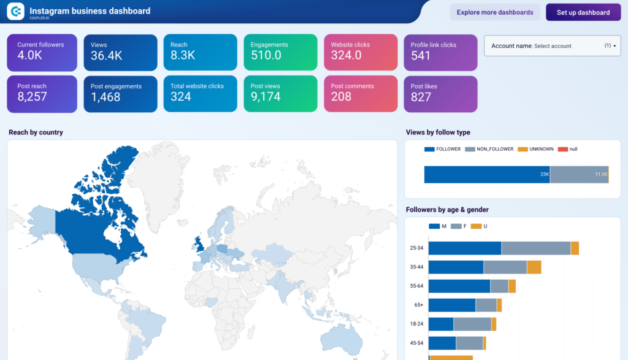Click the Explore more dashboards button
pyautogui.click(x=496, y=12)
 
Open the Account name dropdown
pyautogui.click(x=552, y=45)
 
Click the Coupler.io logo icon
pyautogui.click(x=15, y=11)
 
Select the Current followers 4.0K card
pyautogui.click(x=42, y=52)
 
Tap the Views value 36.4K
pyautogui.click(x=106, y=56)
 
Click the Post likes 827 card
pyautogui.click(x=440, y=93)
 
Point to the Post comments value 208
pyautogui.click(x=341, y=97)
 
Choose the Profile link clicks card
pyautogui.click(x=440, y=52)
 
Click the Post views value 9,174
pyautogui.click(x=265, y=97)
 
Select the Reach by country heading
pyautogui.click(x=36, y=132)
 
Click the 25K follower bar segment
pyautogui.click(x=486, y=175)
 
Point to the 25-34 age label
pyautogui.click(x=416, y=248)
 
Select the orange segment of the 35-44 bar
pyautogui.click(x=534, y=267)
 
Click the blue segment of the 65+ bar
pyautogui.click(x=451, y=305)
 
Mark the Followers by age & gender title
pyautogui.click(x=447, y=210)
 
